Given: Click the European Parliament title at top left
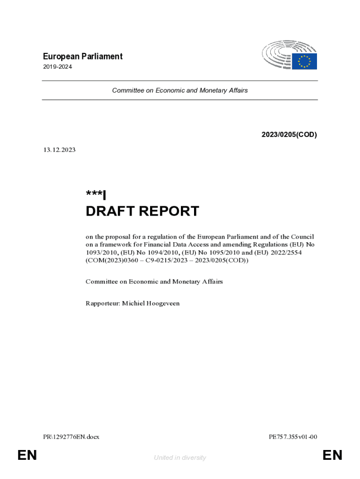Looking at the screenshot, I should (82, 57).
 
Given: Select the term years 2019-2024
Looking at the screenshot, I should (57, 67).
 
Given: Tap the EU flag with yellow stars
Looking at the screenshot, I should (304, 61).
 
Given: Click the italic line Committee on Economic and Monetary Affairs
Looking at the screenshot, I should (180, 90).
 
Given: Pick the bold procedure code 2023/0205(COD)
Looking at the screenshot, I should (289, 135).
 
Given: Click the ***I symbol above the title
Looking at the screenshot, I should (96, 195).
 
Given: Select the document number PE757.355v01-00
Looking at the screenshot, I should (293, 437).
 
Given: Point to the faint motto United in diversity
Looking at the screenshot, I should (180, 457).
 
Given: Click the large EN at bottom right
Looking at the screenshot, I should (332, 455).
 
